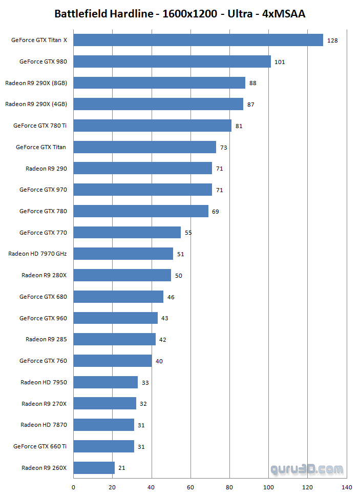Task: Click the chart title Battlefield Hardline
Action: [180, 14]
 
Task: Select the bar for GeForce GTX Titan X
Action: [198, 40]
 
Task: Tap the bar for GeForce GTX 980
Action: [172, 61]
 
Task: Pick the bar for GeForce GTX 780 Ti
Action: [153, 126]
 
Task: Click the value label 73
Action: [223, 148]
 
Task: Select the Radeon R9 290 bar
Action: [143, 168]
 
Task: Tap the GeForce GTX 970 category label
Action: [43, 190]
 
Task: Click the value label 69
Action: [215, 211]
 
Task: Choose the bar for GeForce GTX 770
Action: [127, 232]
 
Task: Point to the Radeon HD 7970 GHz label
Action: [37, 254]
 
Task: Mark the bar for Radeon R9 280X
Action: [122, 275]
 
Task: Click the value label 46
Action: [171, 297]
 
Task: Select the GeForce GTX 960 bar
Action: [116, 318]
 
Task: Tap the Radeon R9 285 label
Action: [46, 339]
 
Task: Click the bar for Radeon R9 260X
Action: [94, 467]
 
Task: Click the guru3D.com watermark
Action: [307, 469]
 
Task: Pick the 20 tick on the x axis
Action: [113, 486]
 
